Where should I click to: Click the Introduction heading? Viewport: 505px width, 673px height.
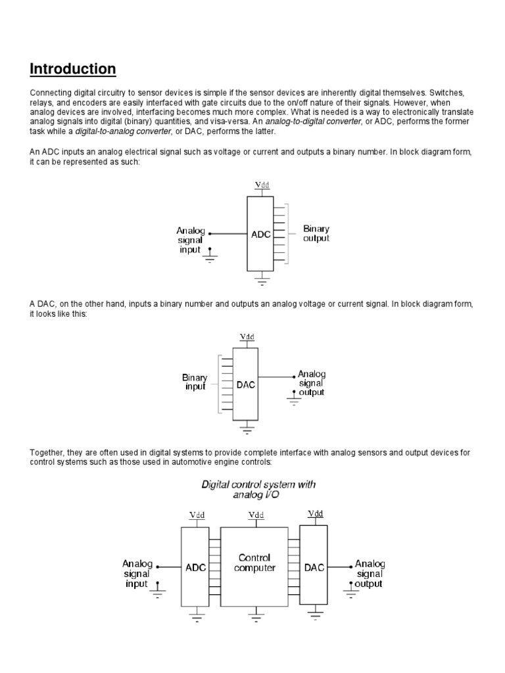click(72, 69)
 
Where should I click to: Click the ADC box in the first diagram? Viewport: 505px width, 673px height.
click(260, 234)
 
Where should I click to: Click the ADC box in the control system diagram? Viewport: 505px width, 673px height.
click(195, 567)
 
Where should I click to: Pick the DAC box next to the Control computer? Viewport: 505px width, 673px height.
click(314, 567)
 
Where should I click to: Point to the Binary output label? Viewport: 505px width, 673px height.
click(316, 233)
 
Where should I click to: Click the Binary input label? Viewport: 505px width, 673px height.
click(195, 382)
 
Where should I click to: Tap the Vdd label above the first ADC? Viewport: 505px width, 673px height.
click(262, 185)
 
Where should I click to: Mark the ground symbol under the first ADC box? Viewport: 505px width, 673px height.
click(262, 282)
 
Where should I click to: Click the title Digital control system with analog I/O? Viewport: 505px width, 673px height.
click(258, 489)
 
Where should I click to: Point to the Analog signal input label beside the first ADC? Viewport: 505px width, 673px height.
click(191, 241)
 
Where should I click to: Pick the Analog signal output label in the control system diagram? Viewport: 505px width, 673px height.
click(370, 574)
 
